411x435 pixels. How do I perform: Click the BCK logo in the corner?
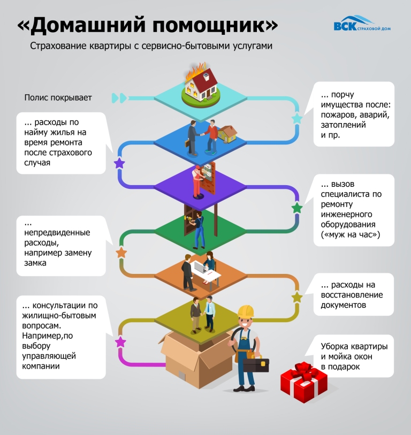362,24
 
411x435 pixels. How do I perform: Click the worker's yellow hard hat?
246,311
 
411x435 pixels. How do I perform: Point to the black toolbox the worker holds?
256,365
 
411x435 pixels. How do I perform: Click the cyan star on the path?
296,118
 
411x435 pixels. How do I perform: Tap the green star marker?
296,208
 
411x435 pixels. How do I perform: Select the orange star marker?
121,253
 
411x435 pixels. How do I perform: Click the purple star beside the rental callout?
119,163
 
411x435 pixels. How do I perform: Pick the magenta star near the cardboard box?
120,342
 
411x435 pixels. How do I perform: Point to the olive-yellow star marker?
296,297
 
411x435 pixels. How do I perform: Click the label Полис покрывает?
58,98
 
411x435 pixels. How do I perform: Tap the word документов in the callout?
343,305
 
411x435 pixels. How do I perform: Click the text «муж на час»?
351,235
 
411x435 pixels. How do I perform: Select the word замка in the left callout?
35,263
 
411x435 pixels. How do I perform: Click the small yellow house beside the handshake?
227,134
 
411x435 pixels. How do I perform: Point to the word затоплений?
343,125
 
